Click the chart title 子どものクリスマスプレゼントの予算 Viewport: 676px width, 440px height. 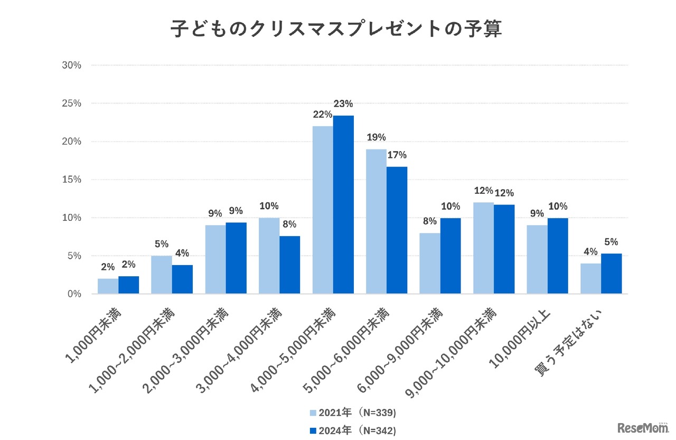coord(336,30)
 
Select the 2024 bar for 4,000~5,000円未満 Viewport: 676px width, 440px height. coord(343,204)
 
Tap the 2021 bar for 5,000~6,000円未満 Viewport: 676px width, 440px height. coord(376,221)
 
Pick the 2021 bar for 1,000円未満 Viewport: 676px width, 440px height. coord(108,286)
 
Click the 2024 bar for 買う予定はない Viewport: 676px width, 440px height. coord(611,274)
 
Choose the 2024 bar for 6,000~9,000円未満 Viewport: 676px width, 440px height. coord(450,256)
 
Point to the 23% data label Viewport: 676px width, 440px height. coord(343,104)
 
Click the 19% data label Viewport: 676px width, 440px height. coord(376,138)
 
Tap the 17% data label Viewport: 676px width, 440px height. coord(397,155)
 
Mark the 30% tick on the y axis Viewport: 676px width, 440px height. coord(71,65)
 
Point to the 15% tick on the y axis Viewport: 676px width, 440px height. coord(71,180)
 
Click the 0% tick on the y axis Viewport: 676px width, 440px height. coord(73,294)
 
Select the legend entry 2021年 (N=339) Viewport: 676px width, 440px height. coord(353,412)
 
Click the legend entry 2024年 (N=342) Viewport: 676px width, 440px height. coord(353,431)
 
